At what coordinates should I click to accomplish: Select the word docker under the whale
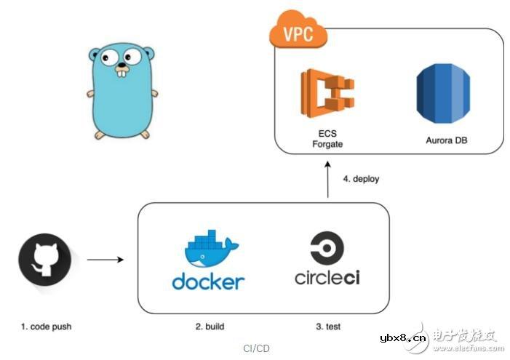click(x=209, y=281)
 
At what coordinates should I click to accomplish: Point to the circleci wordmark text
click(x=330, y=278)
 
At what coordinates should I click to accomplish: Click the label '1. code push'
click(x=46, y=327)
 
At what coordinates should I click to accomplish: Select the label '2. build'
click(x=210, y=327)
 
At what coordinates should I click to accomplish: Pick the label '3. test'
click(x=329, y=327)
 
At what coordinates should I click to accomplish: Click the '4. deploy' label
click(x=361, y=178)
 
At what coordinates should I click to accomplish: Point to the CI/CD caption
click(x=256, y=348)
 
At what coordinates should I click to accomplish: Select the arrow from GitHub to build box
click(x=104, y=258)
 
